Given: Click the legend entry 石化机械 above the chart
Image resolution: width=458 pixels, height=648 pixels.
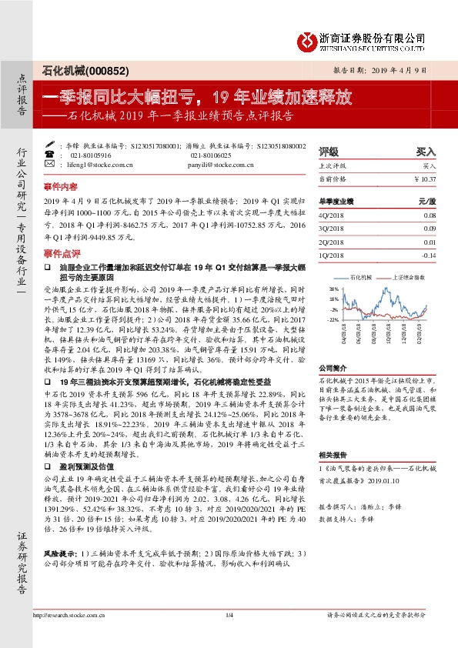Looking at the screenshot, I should pos(361,275).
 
